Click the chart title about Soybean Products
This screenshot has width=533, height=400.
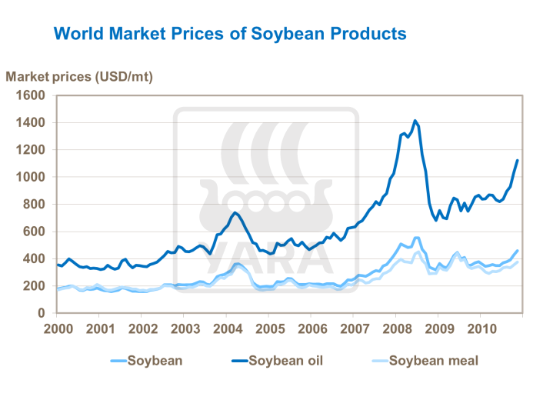coord(229,34)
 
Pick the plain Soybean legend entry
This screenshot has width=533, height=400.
coord(154,360)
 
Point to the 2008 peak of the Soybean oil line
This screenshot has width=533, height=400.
coord(415,120)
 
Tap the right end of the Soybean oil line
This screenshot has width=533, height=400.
coord(518,160)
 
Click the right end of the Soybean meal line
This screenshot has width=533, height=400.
coord(518,262)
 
